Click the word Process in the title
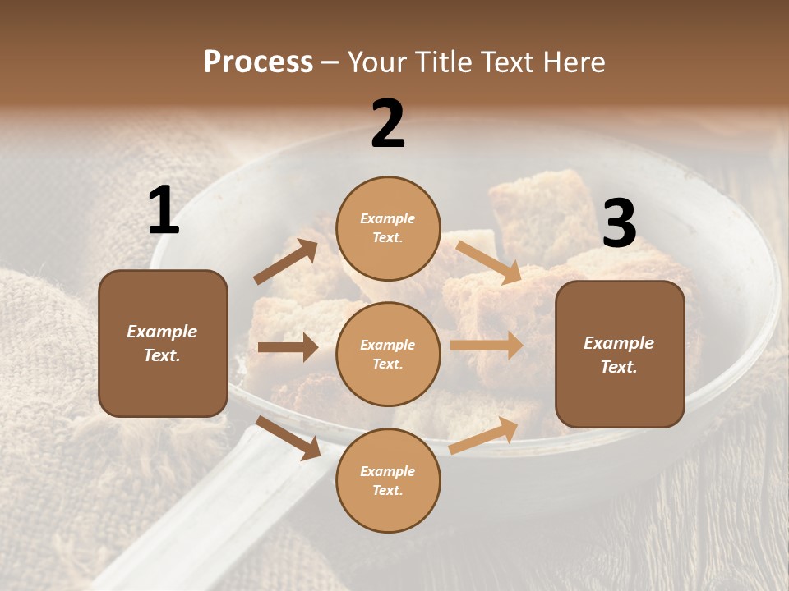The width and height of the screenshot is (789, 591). pyautogui.click(x=258, y=62)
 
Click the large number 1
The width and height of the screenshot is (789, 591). pyautogui.click(x=164, y=211)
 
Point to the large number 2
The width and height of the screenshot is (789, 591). pyautogui.click(x=388, y=124)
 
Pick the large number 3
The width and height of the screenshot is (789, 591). pyautogui.click(x=619, y=223)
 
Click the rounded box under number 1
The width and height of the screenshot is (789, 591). pyautogui.click(x=163, y=343)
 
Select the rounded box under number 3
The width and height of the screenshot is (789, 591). pyautogui.click(x=620, y=355)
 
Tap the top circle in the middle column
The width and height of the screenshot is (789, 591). pyautogui.click(x=388, y=228)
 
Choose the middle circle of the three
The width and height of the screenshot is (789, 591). pyautogui.click(x=388, y=354)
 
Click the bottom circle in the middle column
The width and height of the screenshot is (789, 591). pyautogui.click(x=388, y=480)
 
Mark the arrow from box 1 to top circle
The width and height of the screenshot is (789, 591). pyautogui.click(x=286, y=262)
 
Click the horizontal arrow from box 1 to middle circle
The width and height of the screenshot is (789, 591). pyautogui.click(x=288, y=347)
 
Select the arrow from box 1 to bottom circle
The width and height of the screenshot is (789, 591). pyautogui.click(x=288, y=438)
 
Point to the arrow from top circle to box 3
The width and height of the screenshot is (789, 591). pyautogui.click(x=489, y=262)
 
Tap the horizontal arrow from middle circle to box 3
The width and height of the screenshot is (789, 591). pyautogui.click(x=487, y=346)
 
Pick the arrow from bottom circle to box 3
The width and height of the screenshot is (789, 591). pyautogui.click(x=484, y=435)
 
